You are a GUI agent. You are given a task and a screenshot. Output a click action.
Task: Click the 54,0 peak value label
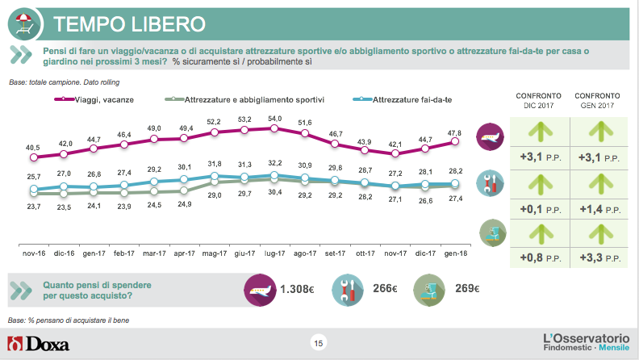[x=274, y=119]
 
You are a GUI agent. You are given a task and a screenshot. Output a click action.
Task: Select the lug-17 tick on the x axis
[x=274, y=253]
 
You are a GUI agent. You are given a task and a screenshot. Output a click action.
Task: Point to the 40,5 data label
[x=33, y=148]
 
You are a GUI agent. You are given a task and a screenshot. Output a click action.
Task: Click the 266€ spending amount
[x=386, y=289]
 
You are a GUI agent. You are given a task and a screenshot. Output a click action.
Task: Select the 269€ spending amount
[x=466, y=289]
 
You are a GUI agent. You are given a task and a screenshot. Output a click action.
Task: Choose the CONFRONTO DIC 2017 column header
[x=538, y=100]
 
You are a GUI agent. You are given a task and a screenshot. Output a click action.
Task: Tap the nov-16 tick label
[x=33, y=253]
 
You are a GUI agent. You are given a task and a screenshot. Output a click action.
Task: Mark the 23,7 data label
[x=33, y=207]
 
